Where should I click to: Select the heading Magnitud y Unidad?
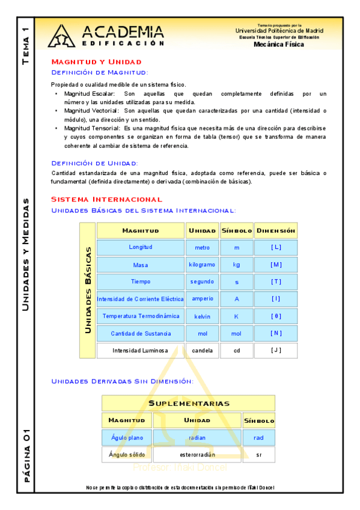click(x=96, y=62)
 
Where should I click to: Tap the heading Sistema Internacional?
click(x=106, y=199)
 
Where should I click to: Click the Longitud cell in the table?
click(x=141, y=247)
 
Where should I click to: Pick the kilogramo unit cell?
click(x=201, y=265)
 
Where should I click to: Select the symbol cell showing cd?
click(x=236, y=351)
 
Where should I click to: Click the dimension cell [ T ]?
click(x=276, y=281)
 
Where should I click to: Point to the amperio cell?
click(x=201, y=299)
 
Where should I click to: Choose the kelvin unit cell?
click(x=201, y=316)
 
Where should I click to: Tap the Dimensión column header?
click(x=276, y=230)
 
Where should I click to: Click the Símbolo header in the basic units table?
click(x=236, y=230)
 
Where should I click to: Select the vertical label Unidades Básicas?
click(x=88, y=290)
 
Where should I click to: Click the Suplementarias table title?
click(x=188, y=403)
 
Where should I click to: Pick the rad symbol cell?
click(x=258, y=438)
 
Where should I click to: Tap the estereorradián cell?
click(x=197, y=455)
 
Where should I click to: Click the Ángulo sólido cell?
click(x=127, y=455)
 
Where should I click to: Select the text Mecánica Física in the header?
click(x=279, y=44)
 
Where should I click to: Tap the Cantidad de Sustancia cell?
click(x=141, y=333)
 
